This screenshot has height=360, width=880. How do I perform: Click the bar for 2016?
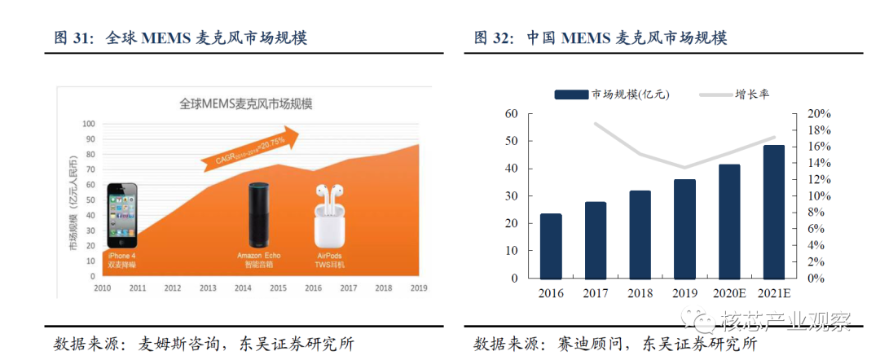click(551, 246)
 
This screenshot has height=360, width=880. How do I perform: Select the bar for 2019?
click(684, 229)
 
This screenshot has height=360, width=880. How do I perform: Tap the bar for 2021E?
click(774, 212)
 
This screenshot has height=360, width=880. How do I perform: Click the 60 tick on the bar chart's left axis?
click(511, 114)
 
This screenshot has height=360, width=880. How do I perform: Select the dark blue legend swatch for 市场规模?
click(572, 94)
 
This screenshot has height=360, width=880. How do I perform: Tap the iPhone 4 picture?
click(122, 214)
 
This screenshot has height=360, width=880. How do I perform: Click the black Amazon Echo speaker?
click(258, 214)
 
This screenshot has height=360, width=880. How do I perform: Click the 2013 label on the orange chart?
click(208, 288)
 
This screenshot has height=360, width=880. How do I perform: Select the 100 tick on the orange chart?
click(89, 124)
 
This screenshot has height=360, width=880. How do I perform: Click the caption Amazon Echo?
click(257, 256)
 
